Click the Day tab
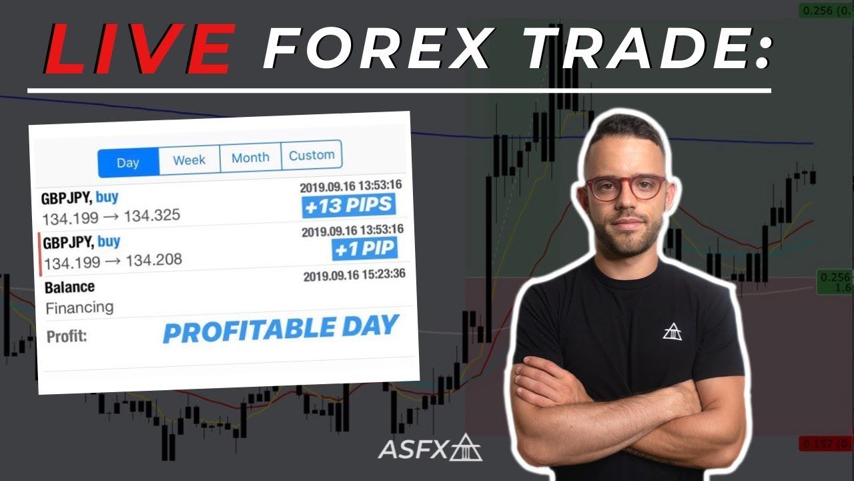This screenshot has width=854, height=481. (x=128, y=162)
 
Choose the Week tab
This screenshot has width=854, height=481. (x=189, y=160)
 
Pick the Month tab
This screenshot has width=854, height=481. (x=250, y=158)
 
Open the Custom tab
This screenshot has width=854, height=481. (x=312, y=155)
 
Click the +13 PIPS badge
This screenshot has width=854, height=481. (x=349, y=206)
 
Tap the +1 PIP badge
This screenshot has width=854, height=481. (x=364, y=249)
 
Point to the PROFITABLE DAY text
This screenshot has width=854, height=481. (x=280, y=329)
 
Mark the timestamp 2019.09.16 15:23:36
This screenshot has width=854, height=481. (x=354, y=275)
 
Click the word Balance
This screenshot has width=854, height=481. (x=69, y=287)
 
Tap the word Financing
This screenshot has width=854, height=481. (x=79, y=308)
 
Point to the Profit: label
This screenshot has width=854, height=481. (x=67, y=336)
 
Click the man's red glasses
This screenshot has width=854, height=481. (x=625, y=188)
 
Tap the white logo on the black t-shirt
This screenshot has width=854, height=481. (x=672, y=331)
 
